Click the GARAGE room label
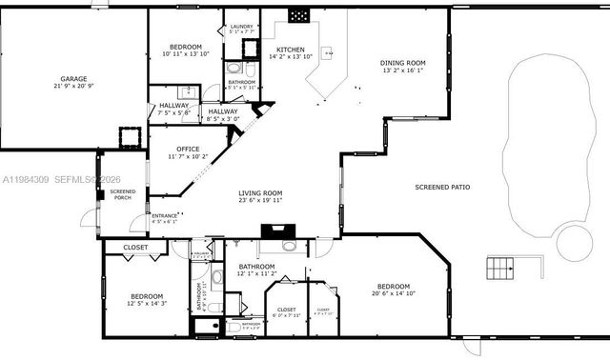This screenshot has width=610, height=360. click(x=73, y=79)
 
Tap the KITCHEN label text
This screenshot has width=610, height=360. click(x=290, y=50)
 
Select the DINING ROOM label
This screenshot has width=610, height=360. click(x=402, y=63)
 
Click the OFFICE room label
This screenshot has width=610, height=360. click(x=187, y=148)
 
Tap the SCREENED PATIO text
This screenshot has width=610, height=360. click(x=441, y=187)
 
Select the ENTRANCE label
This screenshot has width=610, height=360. click(x=165, y=216)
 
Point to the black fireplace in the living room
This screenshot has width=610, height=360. click(x=277, y=229)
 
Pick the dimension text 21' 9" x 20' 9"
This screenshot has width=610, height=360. click(x=73, y=87)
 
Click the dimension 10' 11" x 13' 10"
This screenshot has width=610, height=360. click(x=185, y=54)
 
